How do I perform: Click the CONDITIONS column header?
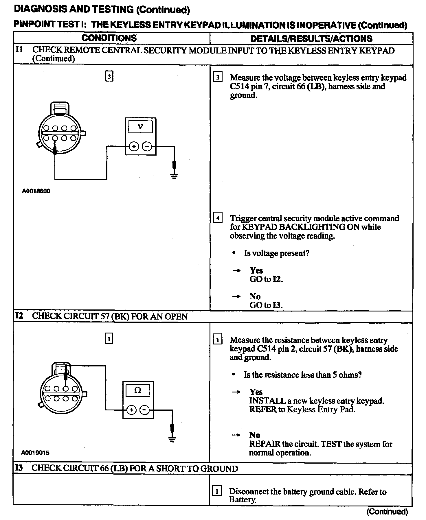pyautogui.click(x=109, y=38)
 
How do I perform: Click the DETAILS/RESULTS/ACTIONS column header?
pyautogui.click(x=311, y=38)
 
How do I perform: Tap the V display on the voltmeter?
pyautogui.click(x=141, y=127)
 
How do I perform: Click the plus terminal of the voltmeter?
pyautogui.click(x=134, y=146)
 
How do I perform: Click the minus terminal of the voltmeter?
pyautogui.click(x=147, y=146)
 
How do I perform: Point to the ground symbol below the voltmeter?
pyautogui.click(x=174, y=176)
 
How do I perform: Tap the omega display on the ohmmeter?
pyautogui.click(x=138, y=390)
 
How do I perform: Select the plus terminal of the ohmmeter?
pyautogui.click(x=131, y=410)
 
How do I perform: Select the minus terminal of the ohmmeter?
pyautogui.click(x=145, y=410)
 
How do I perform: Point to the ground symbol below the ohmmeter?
pyautogui.click(x=172, y=440)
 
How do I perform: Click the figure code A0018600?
pyautogui.click(x=36, y=191)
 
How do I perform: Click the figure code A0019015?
pyautogui.click(x=35, y=453)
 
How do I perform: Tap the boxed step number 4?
pyautogui.click(x=218, y=218)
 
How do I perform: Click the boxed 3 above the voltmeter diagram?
pyautogui.click(x=109, y=77)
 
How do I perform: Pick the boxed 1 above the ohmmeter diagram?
pyautogui.click(x=109, y=339)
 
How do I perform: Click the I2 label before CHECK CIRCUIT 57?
pyautogui.click(x=19, y=316)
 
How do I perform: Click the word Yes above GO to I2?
pyautogui.click(x=256, y=270)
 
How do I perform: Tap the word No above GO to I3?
pyautogui.click(x=255, y=296)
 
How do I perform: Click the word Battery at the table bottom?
pyautogui.click(x=242, y=499)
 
